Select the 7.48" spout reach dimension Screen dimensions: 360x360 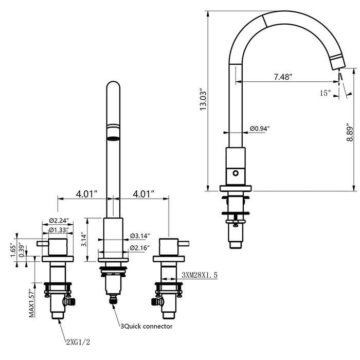283,77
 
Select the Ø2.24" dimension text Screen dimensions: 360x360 59,221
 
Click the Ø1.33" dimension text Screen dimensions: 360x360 59,230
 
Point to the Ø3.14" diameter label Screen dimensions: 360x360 139,236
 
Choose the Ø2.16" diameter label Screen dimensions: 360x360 139,248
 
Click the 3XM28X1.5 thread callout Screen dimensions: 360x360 200,276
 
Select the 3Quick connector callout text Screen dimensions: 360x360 146,326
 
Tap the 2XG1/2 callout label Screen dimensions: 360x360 80,340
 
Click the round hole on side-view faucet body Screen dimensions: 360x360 237,173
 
